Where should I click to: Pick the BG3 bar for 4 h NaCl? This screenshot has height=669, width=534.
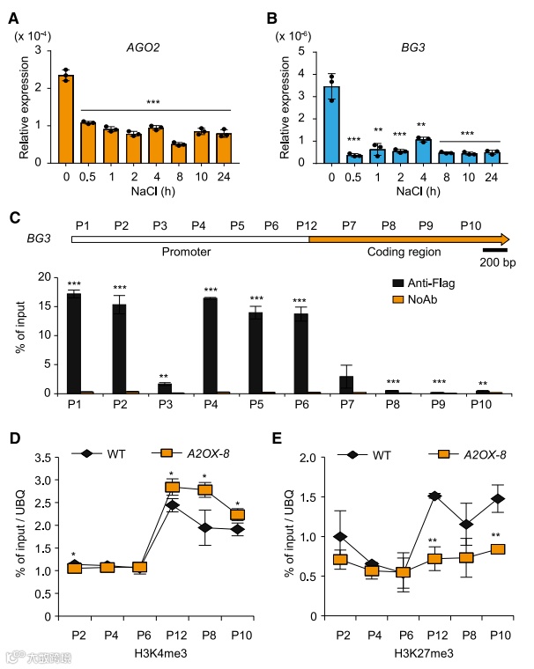click(x=421, y=151)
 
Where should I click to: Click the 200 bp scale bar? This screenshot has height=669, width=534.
click(x=493, y=251)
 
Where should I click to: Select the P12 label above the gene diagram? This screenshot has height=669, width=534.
click(x=308, y=224)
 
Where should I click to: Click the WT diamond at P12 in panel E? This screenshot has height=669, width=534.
click(x=434, y=496)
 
